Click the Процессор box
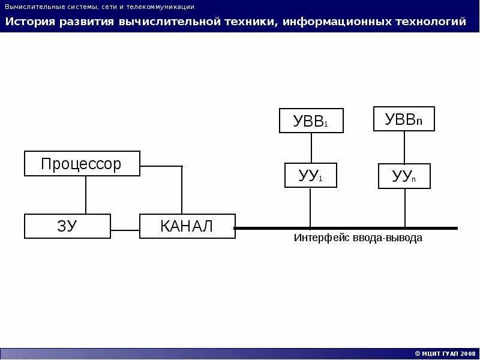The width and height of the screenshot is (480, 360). pyautogui.click(x=82, y=164)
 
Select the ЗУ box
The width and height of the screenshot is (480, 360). pyautogui.click(x=67, y=226)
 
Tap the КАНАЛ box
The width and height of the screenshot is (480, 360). pyautogui.click(x=187, y=226)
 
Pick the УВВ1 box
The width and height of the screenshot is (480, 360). pyautogui.click(x=311, y=121)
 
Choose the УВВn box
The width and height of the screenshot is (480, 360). pyautogui.click(x=404, y=119)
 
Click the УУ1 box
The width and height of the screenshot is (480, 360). pyautogui.click(x=310, y=175)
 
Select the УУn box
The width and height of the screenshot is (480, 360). pyautogui.click(x=404, y=176)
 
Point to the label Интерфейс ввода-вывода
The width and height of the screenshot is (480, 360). pyautogui.click(x=358, y=238)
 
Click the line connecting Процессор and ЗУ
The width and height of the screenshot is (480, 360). pyautogui.click(x=86, y=195)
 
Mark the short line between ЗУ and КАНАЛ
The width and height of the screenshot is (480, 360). pyautogui.click(x=125, y=230)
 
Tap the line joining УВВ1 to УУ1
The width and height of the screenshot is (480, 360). pyautogui.click(x=311, y=148)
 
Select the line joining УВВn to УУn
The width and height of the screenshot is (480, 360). pyautogui.click(x=404, y=147)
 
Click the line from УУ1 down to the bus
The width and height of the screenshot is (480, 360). pyautogui.click(x=310, y=207)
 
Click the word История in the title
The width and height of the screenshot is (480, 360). pyautogui.click(x=31, y=22)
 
